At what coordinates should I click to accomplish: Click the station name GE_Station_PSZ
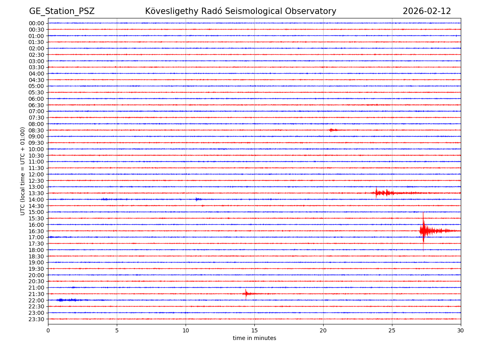tap(62, 11)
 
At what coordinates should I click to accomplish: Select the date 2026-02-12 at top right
tap(426, 11)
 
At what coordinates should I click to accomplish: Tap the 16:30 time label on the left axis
tap(36, 231)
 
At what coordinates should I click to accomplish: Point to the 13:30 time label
tap(36, 193)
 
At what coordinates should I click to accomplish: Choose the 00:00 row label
tap(36, 23)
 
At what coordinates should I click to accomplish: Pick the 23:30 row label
tap(36, 319)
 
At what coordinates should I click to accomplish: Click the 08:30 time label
tap(36, 130)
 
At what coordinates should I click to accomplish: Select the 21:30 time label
tap(36, 294)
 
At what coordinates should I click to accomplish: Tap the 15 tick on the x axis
tap(254, 331)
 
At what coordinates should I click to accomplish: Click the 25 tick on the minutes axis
tap(392, 331)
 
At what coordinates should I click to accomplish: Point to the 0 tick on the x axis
tap(48, 331)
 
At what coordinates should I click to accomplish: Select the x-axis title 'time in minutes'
tap(254, 338)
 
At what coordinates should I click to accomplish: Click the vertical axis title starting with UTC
tap(23, 171)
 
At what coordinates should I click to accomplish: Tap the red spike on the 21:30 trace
tap(246, 294)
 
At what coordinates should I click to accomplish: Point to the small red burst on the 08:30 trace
tap(332, 130)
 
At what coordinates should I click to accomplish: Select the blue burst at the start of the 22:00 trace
tap(64, 300)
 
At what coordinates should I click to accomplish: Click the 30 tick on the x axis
tap(461, 331)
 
